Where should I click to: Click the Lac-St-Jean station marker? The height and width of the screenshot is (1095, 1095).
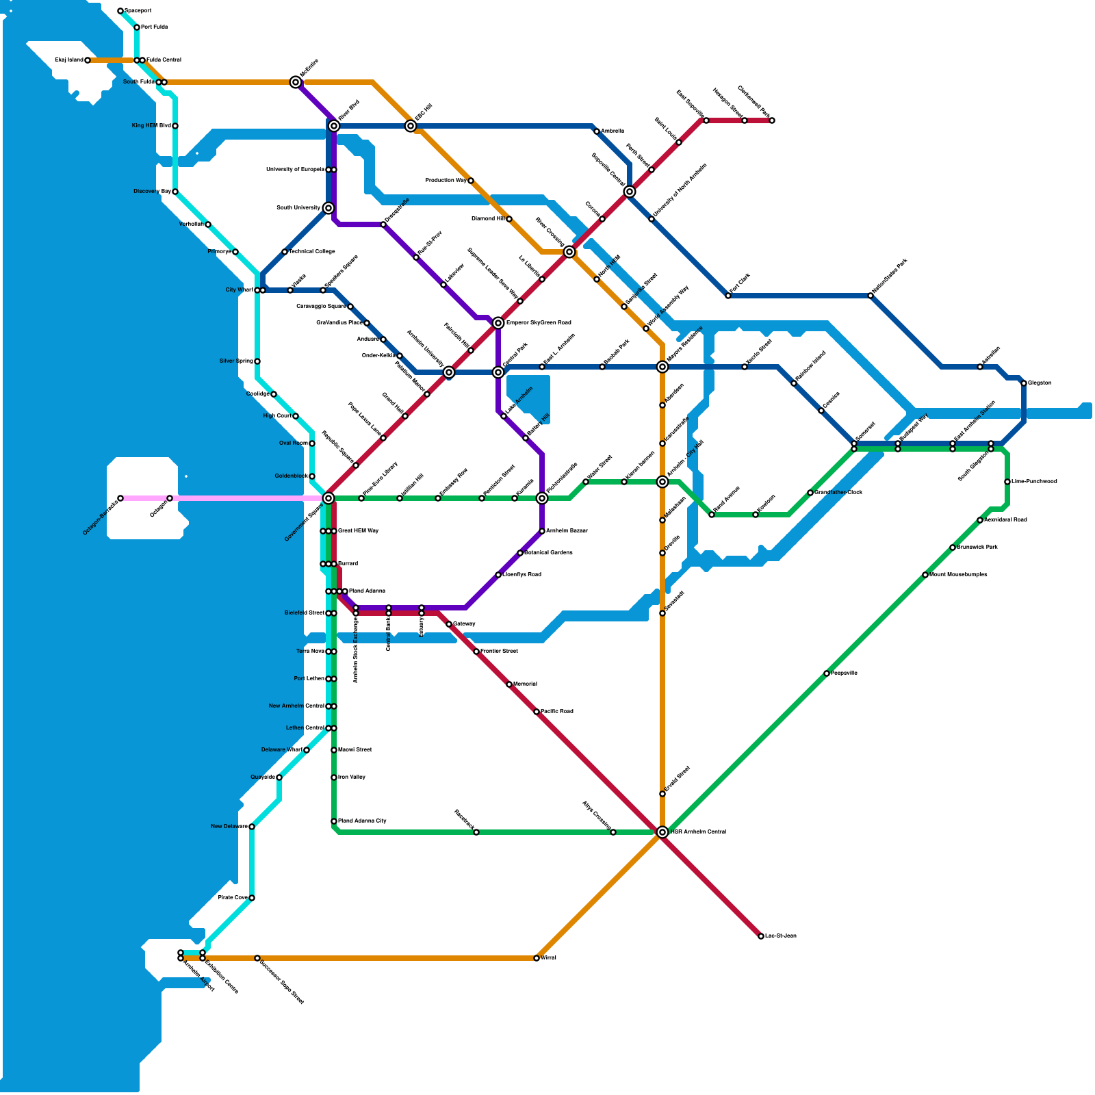click(761, 936)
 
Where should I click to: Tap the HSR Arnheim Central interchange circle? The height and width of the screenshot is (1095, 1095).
click(662, 832)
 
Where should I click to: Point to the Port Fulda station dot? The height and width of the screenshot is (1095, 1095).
click(137, 27)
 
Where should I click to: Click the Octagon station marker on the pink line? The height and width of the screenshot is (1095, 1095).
click(170, 498)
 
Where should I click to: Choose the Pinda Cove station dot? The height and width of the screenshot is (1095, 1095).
click(252, 898)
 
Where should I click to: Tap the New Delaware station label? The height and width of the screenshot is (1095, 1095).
click(229, 827)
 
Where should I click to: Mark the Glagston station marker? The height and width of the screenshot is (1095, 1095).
click(1024, 383)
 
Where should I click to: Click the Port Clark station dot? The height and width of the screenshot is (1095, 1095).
click(728, 296)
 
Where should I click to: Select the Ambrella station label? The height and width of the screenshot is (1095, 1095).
click(613, 131)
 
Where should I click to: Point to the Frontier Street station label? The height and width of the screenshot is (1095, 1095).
click(499, 652)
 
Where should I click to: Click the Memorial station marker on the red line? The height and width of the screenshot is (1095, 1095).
click(509, 684)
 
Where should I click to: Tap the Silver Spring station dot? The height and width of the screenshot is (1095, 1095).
click(257, 361)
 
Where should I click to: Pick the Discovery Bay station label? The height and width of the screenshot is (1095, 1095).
click(152, 192)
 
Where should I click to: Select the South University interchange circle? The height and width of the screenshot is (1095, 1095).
click(328, 208)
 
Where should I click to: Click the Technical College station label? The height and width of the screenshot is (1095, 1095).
click(312, 252)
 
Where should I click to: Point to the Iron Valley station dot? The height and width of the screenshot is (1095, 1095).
click(334, 777)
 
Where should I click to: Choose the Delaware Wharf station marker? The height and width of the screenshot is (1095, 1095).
click(307, 750)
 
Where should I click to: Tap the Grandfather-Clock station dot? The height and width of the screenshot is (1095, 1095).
click(810, 493)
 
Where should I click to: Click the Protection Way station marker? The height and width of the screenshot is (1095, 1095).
click(471, 181)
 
